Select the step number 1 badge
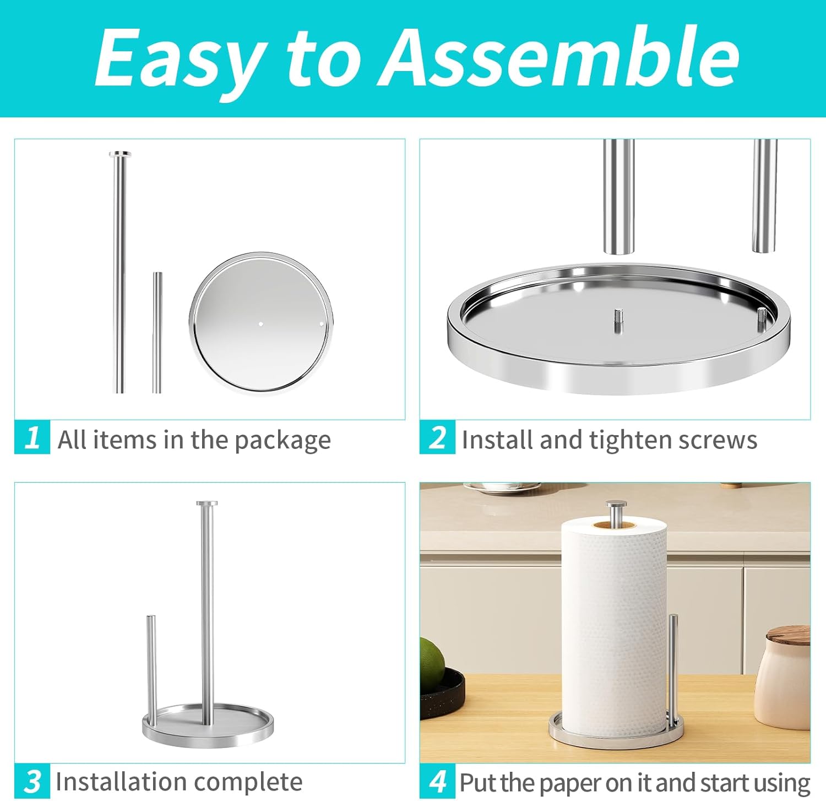coord(32,437)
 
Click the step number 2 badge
coord(438,437)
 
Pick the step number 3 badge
coord(32,781)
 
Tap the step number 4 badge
coord(438,781)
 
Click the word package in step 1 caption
coord(282,441)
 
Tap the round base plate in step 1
coord(261,323)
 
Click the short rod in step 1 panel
coord(157,332)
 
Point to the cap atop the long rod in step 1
coord(120,154)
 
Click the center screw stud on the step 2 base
coord(618,321)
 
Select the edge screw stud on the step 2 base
coord(762,320)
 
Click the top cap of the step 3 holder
coord(207,504)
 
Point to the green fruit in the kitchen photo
coord(432,663)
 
